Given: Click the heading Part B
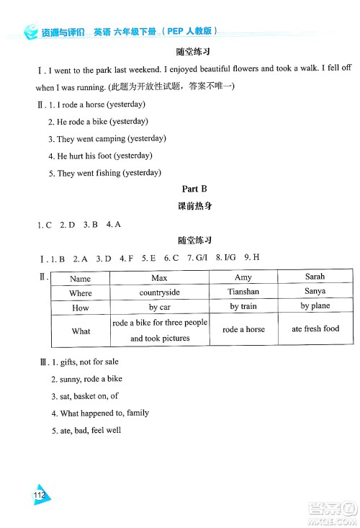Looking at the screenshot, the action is (x=194, y=189).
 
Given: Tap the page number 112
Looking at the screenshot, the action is (x=39, y=496).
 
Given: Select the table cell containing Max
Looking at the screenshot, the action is (x=159, y=277).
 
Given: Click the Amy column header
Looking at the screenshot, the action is (x=243, y=277).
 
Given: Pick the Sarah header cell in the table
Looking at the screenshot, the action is (x=315, y=277).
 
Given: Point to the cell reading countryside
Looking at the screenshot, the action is (x=159, y=292).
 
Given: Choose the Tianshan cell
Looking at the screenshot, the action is (x=243, y=292).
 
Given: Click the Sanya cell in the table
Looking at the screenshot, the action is (x=315, y=292).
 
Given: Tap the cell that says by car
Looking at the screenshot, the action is (x=159, y=308).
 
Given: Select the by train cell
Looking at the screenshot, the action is (x=243, y=307).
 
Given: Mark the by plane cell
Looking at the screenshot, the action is (x=315, y=307).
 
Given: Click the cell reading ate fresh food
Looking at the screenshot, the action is (x=315, y=329).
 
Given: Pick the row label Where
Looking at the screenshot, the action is (x=81, y=293).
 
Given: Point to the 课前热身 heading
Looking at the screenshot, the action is (x=194, y=206).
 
